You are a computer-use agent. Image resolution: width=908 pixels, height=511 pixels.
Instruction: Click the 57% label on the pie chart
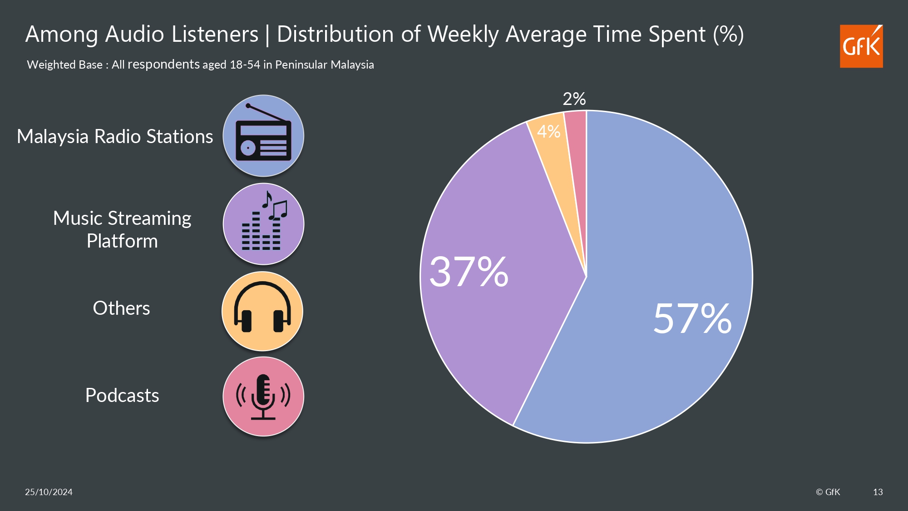[692, 318]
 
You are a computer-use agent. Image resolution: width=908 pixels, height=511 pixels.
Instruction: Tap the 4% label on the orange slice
[548, 132]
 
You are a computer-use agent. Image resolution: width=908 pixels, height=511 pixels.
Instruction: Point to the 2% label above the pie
[574, 99]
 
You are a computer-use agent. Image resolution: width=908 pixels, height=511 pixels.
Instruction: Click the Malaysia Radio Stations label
[115, 136]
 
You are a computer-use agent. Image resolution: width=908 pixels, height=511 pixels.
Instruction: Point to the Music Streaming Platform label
[122, 229]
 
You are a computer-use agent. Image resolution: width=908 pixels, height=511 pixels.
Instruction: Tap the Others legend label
[121, 308]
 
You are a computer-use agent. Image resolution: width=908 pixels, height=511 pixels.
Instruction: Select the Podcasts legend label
[122, 395]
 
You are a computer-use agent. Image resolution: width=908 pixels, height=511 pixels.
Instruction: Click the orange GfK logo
[861, 46]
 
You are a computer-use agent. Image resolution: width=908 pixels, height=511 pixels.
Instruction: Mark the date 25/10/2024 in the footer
[49, 492]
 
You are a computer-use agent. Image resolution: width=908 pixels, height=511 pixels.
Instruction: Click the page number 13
[878, 492]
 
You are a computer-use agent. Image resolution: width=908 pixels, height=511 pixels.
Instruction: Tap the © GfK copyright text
[828, 492]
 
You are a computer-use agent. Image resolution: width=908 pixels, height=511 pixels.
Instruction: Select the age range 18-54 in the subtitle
[245, 64]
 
